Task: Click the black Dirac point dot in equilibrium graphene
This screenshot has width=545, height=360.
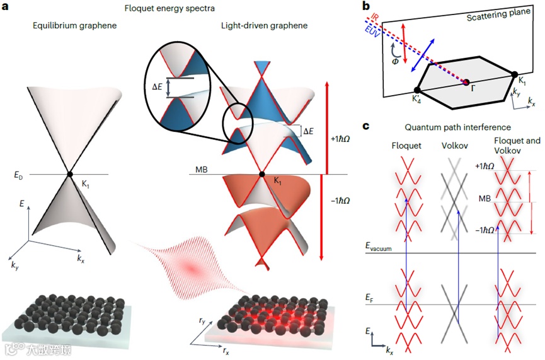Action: point(71,175)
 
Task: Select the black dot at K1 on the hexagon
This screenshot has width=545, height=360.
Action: point(515,75)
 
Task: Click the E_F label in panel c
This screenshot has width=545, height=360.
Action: point(371,296)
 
